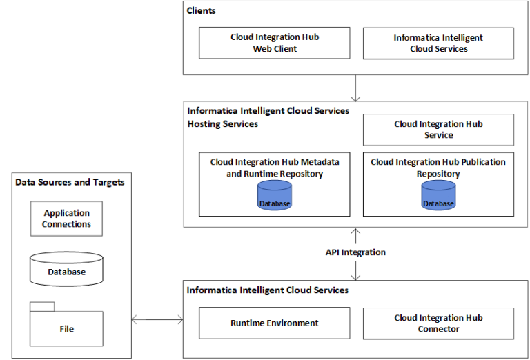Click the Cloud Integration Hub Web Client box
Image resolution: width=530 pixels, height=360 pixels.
point(275,43)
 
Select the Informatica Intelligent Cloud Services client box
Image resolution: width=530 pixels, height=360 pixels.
point(438,43)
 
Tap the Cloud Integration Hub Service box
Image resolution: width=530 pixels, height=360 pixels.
point(438,130)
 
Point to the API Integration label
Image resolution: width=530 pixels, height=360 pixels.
point(355,252)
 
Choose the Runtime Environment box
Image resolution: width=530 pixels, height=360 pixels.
point(275,323)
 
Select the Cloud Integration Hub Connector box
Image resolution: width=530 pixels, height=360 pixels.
point(438,323)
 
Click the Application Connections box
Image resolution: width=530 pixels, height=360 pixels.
point(66,219)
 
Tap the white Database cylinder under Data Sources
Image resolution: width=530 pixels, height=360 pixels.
point(66,269)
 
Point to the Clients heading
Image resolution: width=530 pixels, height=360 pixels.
point(202,11)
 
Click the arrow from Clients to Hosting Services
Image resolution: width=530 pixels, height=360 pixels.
point(355,88)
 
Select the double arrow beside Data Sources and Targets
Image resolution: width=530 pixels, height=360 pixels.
point(157,319)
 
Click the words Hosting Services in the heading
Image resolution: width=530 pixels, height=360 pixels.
point(223,123)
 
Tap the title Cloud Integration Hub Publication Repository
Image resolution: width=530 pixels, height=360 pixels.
point(438,168)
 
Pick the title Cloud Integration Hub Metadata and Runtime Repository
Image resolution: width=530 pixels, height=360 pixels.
point(275,168)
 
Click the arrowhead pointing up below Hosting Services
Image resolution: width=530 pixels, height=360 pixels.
point(355,232)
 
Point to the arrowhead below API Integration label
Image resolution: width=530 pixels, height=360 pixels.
point(355,276)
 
